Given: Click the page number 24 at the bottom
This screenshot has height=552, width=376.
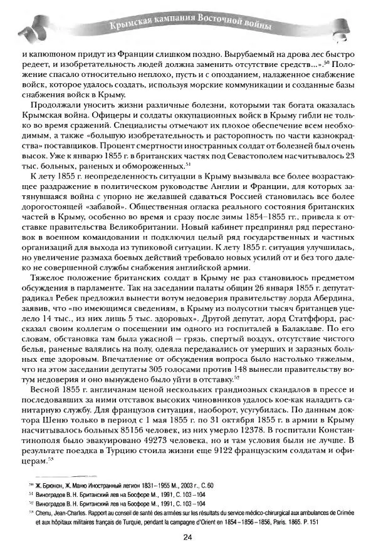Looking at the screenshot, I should [x=187, y=537].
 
